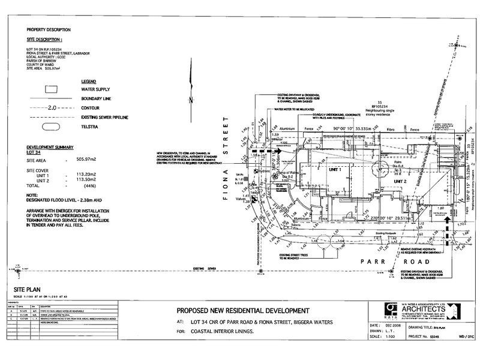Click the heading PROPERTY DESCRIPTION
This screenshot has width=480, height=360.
[x=49, y=29]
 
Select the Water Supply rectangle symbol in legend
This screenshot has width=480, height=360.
[x=51, y=88]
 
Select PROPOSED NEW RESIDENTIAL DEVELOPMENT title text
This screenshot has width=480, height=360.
[x=242, y=311]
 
